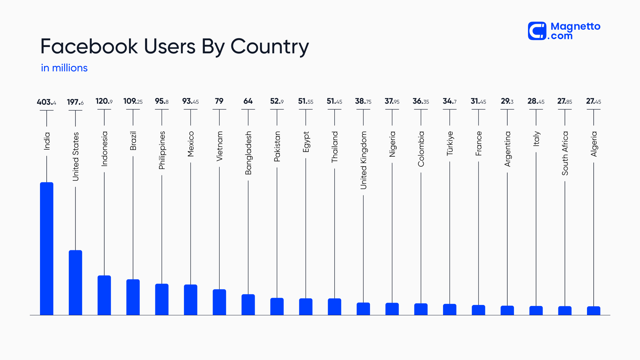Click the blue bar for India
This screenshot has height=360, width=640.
47,248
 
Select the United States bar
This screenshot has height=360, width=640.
75,282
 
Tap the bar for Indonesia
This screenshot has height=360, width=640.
104,295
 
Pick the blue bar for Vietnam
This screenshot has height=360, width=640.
219,302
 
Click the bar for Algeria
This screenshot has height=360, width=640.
593,311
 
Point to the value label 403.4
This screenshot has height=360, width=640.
46,102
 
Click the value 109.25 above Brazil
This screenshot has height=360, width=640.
133,101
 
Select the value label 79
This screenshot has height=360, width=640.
219,101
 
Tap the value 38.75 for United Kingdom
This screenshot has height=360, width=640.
363,101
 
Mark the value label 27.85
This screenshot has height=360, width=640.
564,101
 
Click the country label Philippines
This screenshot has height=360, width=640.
162,150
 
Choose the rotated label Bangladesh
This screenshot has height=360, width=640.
248,153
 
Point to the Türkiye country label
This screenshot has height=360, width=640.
450,143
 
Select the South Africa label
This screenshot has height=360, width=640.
565,153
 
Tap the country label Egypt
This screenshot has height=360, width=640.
306,142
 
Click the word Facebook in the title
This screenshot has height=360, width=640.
89,46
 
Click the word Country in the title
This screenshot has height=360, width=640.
269,46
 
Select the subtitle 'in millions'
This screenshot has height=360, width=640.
64,68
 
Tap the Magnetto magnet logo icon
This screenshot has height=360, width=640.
537,31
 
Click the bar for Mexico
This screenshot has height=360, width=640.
191,300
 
